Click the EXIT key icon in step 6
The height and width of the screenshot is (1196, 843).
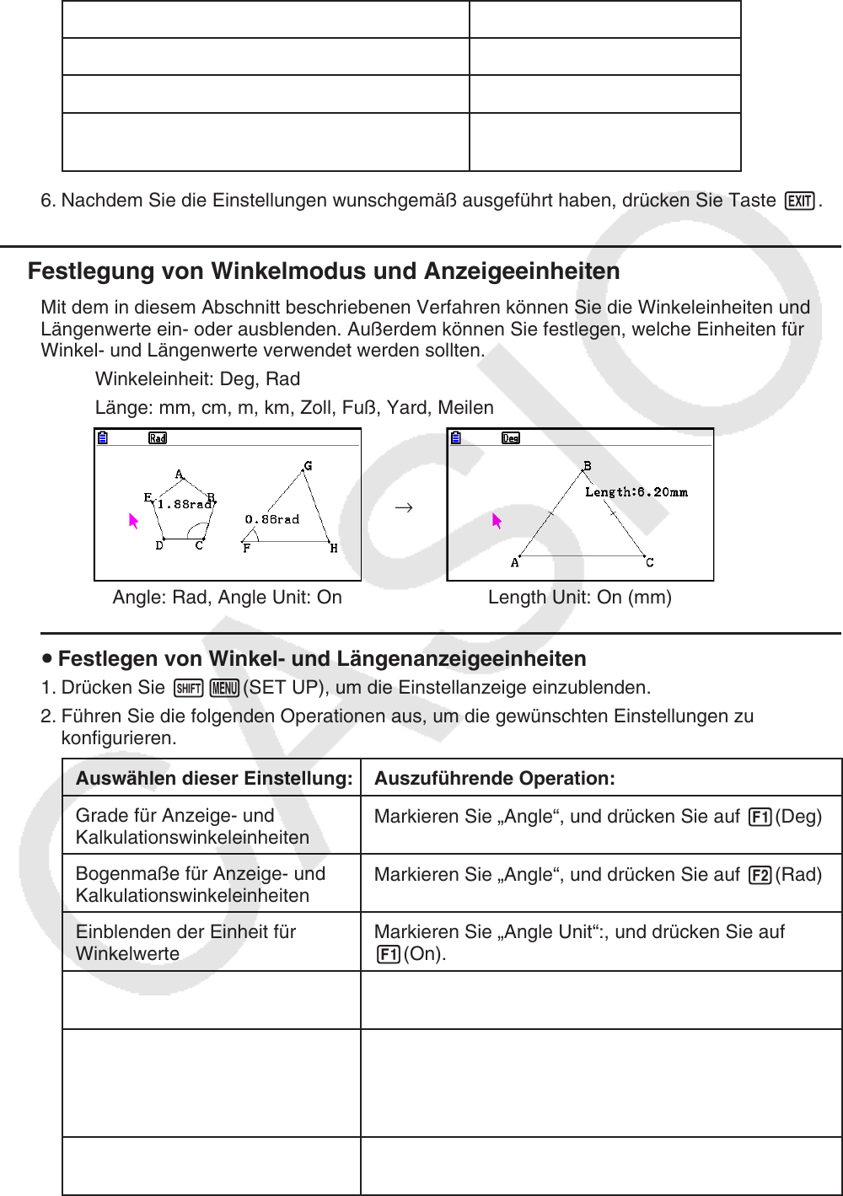point(799,201)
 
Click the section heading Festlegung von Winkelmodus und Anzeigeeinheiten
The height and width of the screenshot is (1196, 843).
point(324,271)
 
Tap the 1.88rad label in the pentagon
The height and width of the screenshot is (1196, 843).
point(184,504)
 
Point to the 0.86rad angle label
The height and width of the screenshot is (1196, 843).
point(271,520)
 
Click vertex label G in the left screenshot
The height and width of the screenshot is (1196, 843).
point(308,466)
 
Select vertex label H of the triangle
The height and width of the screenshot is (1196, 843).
point(334,549)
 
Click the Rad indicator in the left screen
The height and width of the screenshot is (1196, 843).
point(158,438)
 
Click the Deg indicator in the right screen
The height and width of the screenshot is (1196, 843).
point(511,438)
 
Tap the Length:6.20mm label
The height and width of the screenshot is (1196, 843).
point(636,492)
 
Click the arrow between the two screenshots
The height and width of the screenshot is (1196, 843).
point(404,507)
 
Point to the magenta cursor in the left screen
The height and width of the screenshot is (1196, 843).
point(133,521)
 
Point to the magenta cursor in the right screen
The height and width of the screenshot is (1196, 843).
point(497,521)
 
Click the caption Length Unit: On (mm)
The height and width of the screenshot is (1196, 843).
point(580,598)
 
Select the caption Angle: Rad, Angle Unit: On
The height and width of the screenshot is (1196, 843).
point(228,598)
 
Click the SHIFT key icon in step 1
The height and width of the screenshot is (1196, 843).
point(188,688)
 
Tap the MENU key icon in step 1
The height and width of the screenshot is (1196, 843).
point(225,688)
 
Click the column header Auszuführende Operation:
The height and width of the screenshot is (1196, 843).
point(495,779)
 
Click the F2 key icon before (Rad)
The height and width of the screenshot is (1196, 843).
point(760,876)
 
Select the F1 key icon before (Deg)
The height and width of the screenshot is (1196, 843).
point(760,818)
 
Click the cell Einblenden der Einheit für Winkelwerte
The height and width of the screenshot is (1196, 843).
point(185,942)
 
